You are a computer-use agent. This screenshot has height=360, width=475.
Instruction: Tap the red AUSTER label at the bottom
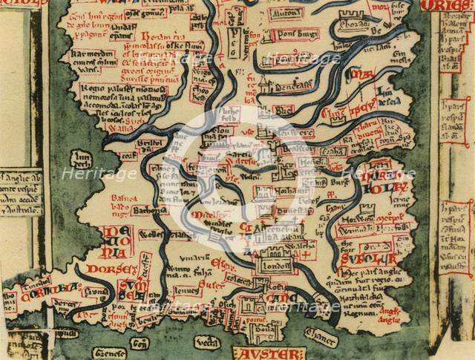[268, 353]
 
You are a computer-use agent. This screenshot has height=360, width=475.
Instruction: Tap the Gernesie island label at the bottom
[110, 353]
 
